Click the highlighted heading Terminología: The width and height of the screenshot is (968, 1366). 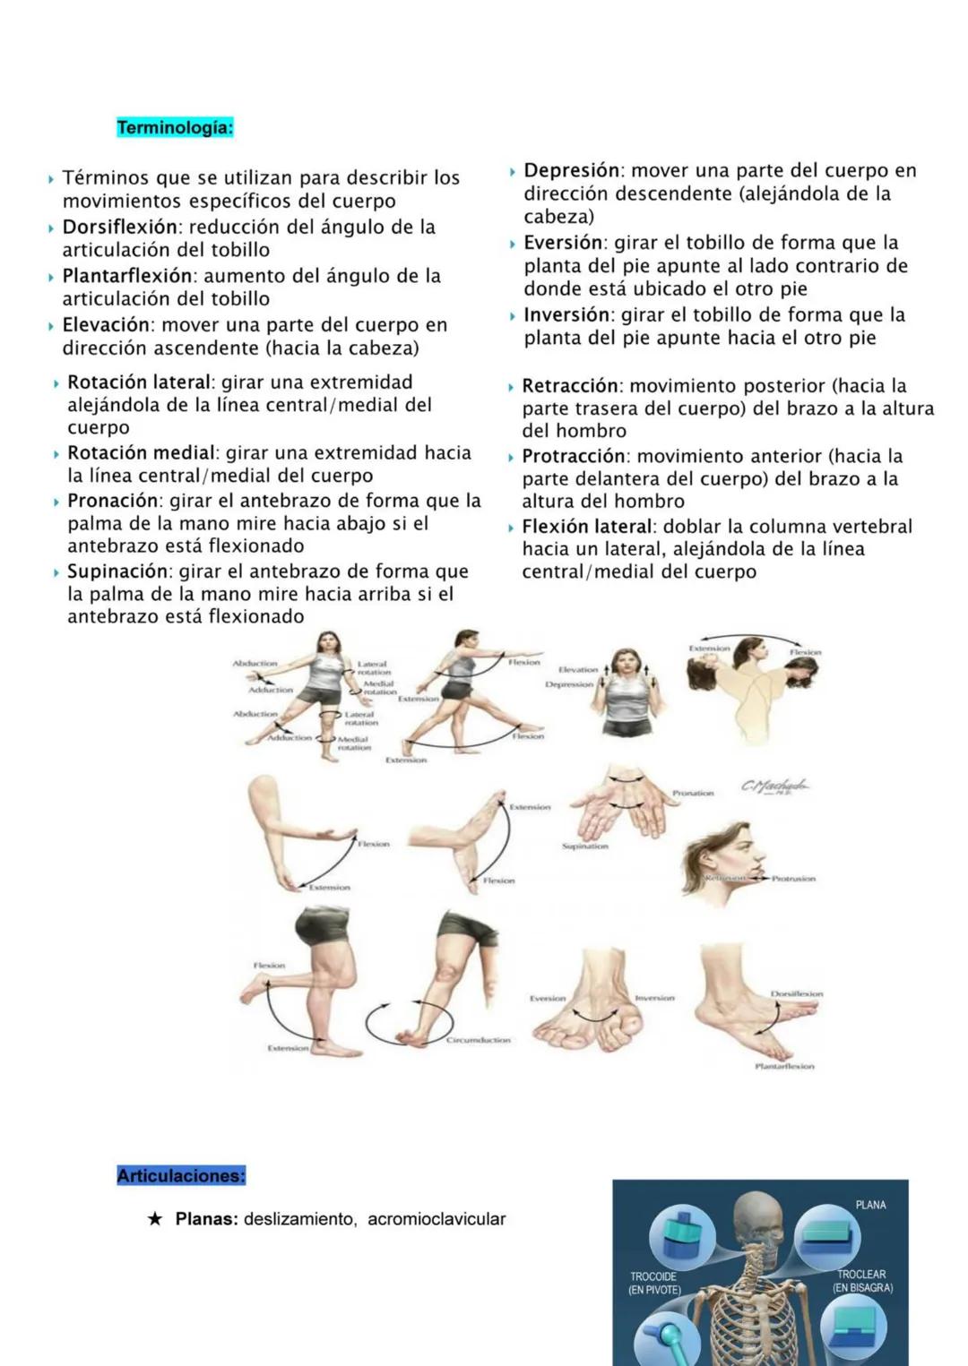175,128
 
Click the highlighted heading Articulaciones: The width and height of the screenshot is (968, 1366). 180,1176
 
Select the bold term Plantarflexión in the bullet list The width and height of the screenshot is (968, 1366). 127,276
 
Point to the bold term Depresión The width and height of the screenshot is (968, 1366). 572,170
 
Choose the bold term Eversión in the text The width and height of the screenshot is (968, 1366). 563,243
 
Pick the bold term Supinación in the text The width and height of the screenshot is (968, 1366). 117,571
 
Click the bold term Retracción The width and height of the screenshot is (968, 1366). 570,386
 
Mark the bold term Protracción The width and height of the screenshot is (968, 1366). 574,456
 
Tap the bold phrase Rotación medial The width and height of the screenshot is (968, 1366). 141,453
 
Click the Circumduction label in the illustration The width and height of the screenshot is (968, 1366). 479,1041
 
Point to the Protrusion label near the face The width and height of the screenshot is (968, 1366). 793,879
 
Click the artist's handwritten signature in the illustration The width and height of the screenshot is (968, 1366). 774,786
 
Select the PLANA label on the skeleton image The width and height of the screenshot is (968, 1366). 870,1205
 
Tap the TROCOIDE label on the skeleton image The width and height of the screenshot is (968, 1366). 653,1276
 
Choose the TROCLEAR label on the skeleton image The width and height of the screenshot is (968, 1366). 861,1275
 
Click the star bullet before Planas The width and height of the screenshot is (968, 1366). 155,1219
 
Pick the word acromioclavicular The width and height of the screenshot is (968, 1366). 436,1219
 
